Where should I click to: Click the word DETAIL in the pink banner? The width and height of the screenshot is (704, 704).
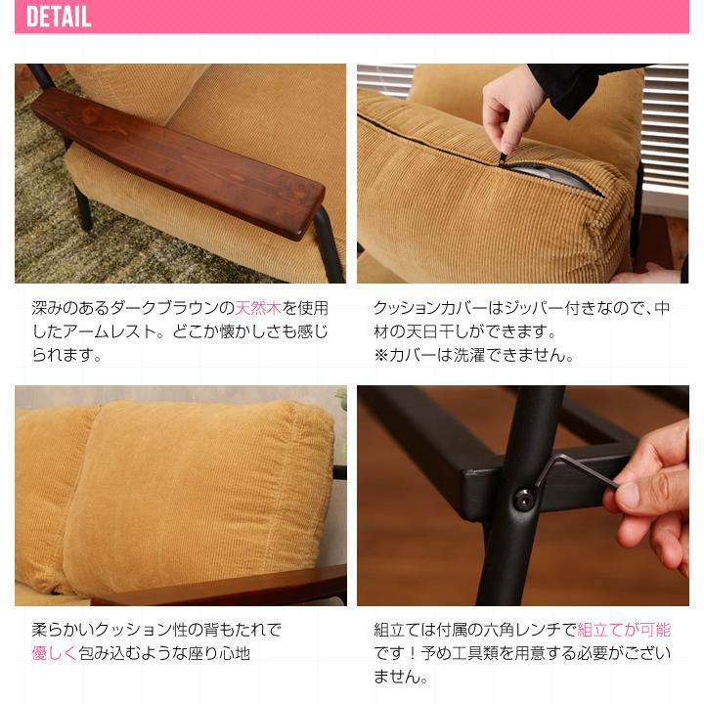58,17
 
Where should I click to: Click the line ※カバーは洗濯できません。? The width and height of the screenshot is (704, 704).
473,355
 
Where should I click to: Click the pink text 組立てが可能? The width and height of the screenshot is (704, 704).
624,630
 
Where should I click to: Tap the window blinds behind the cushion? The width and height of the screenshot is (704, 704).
665,127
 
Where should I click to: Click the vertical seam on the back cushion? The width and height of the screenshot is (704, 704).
98,489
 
